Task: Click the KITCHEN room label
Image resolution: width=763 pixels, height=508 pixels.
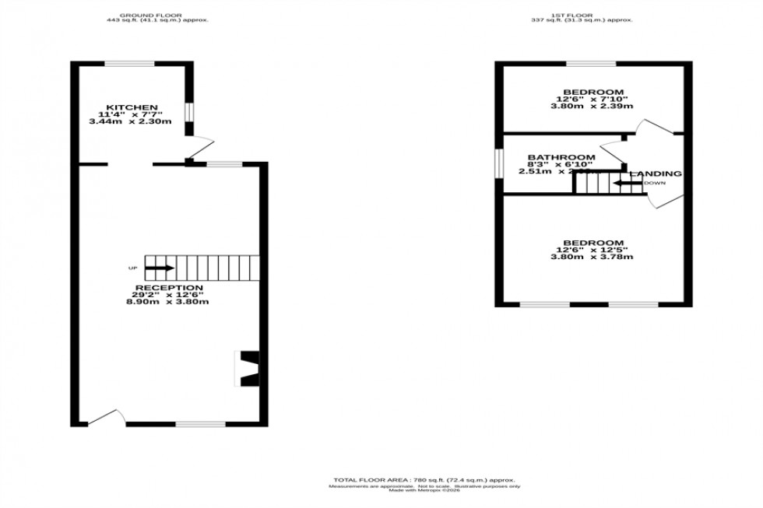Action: (x=132, y=107)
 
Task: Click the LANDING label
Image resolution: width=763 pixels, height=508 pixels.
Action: (x=656, y=173)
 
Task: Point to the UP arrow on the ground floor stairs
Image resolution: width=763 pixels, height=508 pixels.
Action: (x=160, y=268)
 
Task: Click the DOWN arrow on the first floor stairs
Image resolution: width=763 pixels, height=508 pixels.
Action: (x=627, y=184)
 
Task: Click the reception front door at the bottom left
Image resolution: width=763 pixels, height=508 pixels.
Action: (x=105, y=419)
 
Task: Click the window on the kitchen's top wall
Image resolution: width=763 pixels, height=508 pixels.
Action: (x=130, y=64)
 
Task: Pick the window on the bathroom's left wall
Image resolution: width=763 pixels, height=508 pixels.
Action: (x=499, y=163)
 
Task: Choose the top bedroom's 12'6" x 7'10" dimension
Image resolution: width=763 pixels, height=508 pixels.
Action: (x=593, y=99)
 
